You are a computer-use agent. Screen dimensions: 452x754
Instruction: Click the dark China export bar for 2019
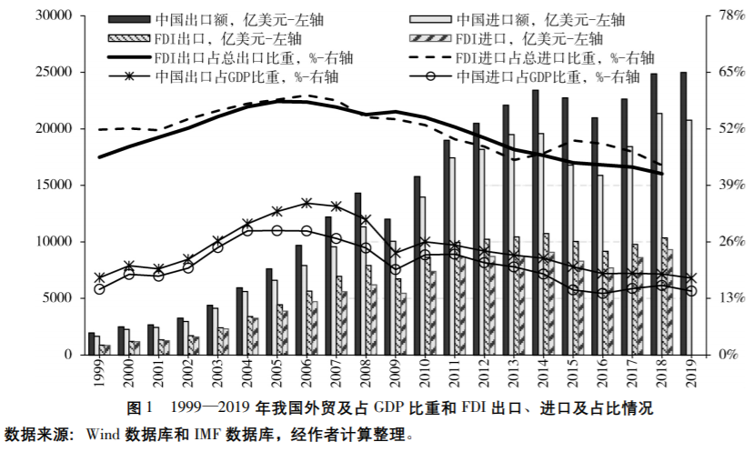tap(683, 213)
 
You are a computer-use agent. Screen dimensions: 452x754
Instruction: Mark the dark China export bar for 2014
tap(535, 222)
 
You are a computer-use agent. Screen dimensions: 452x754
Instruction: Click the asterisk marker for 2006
tap(307, 203)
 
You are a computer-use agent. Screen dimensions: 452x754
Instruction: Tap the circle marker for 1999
tap(99, 289)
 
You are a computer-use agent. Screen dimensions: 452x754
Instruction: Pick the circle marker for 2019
tap(690, 291)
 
